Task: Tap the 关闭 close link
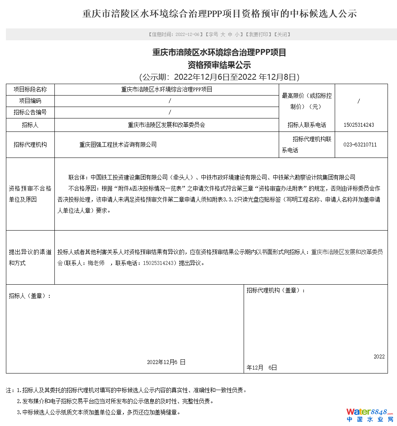point(282,34)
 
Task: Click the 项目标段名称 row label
point(30,90)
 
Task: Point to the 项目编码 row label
point(30,101)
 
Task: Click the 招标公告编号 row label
point(30,113)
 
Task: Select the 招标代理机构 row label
point(30,145)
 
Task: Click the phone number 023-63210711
point(360,145)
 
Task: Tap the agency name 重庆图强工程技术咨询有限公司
point(118,145)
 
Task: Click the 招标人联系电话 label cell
point(307,125)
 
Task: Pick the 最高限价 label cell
point(307,101)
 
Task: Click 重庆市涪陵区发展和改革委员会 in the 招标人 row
point(166,125)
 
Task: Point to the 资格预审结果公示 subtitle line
point(219,65)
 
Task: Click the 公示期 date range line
point(219,77)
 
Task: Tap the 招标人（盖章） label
point(30,296)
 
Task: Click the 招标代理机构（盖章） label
point(276,290)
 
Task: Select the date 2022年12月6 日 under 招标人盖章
point(166,362)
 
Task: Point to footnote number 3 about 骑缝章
point(99,412)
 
